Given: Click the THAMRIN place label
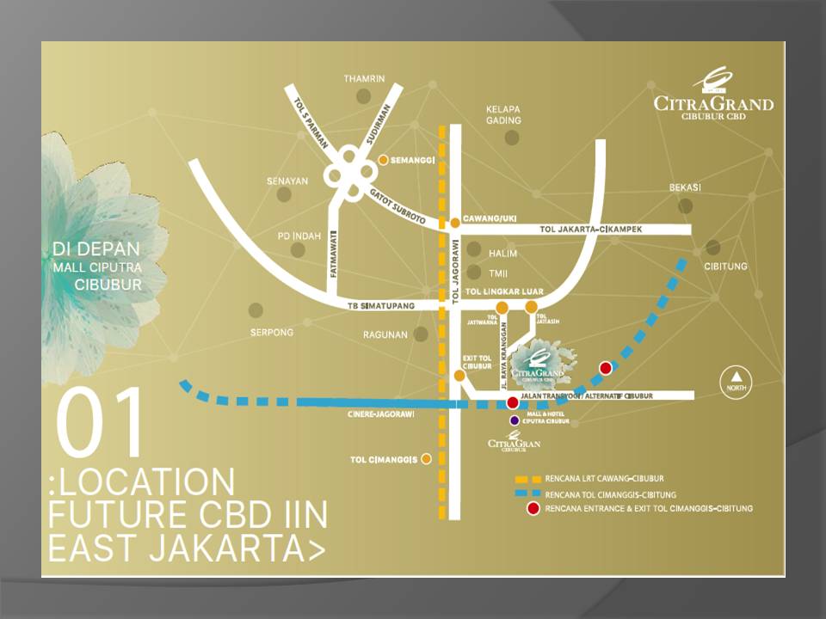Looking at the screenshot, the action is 364,78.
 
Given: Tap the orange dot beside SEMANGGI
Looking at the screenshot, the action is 384,160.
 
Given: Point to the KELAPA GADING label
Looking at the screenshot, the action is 504,116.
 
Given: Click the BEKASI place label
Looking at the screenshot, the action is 686,187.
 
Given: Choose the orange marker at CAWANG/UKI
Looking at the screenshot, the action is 455,223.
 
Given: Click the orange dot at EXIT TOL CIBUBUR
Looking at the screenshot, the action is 459,375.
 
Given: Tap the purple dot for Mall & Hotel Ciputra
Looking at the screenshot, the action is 515,420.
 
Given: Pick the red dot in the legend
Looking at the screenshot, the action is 533,509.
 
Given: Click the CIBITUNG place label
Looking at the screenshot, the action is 725,267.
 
